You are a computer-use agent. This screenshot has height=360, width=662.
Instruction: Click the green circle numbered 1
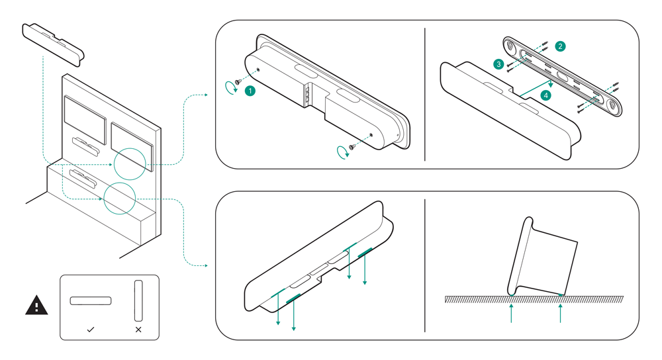pos(250,91)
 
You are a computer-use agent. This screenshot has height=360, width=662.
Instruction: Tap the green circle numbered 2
pos(561,46)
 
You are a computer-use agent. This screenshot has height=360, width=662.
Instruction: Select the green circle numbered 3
pos(498,64)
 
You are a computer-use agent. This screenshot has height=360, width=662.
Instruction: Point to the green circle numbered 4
pos(545,95)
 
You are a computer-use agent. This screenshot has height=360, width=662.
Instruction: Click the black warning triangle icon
pos(36,305)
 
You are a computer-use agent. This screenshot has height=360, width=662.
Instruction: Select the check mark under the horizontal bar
pos(91,329)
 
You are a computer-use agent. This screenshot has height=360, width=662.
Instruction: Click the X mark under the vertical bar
pos(138,329)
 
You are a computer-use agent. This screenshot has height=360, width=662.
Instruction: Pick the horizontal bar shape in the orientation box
pos(91,301)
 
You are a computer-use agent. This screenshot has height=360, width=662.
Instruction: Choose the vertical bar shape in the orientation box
pos(138,300)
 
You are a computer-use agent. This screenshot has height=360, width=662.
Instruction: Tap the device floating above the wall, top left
pos(54,44)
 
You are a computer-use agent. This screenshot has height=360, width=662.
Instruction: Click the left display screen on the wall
pos(85,118)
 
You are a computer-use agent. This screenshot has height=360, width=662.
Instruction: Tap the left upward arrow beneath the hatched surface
pos(512,314)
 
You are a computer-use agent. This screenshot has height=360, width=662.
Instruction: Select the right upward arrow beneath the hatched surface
pos(561,314)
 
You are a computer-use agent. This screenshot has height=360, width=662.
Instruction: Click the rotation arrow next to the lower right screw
pos(341,153)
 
